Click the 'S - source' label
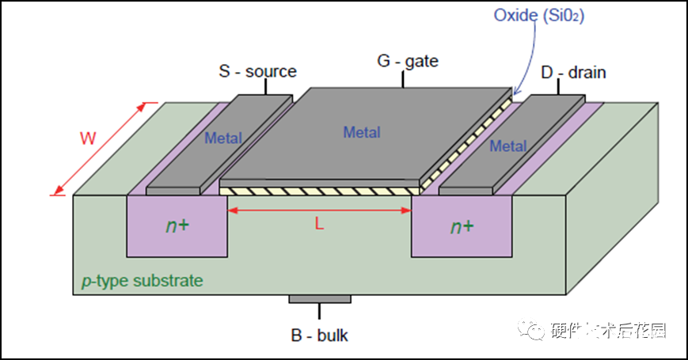click(257, 72)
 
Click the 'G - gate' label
click(407, 61)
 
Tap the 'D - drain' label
click(573, 73)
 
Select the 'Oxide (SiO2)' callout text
click(539, 16)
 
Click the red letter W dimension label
click(88, 138)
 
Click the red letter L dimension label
click(320, 224)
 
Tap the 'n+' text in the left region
click(177, 226)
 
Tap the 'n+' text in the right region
click(462, 227)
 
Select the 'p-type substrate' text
click(143, 281)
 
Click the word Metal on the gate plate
click(361, 133)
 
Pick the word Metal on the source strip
click(223, 139)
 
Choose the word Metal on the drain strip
click(507, 146)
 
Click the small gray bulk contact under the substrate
click(319, 298)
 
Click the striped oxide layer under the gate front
click(317, 191)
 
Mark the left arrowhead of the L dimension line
click(231, 210)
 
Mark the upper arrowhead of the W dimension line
click(146, 105)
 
